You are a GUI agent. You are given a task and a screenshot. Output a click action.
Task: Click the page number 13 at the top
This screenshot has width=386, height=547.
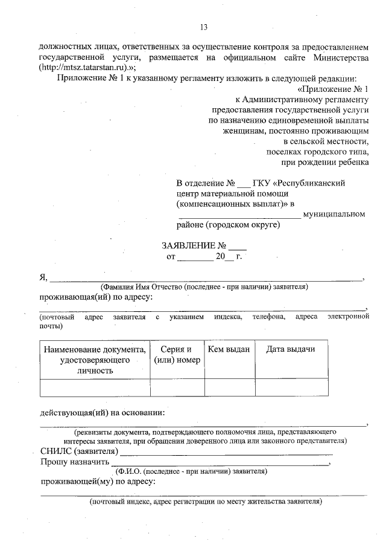point(203,27)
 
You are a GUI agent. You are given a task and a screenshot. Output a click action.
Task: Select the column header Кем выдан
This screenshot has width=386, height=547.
point(229,349)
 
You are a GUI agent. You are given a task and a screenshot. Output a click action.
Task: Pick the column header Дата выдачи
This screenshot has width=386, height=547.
point(290,349)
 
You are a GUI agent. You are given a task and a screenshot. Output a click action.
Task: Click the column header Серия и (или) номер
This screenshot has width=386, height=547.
point(177,355)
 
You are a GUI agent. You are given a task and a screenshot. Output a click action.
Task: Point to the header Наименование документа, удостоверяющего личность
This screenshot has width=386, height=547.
point(95,360)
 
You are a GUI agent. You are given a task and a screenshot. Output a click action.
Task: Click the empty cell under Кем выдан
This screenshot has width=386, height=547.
point(229,387)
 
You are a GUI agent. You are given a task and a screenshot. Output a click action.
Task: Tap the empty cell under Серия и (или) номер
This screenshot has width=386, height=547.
point(177,387)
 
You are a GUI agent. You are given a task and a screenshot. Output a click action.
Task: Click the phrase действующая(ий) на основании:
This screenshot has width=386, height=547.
point(102,413)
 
